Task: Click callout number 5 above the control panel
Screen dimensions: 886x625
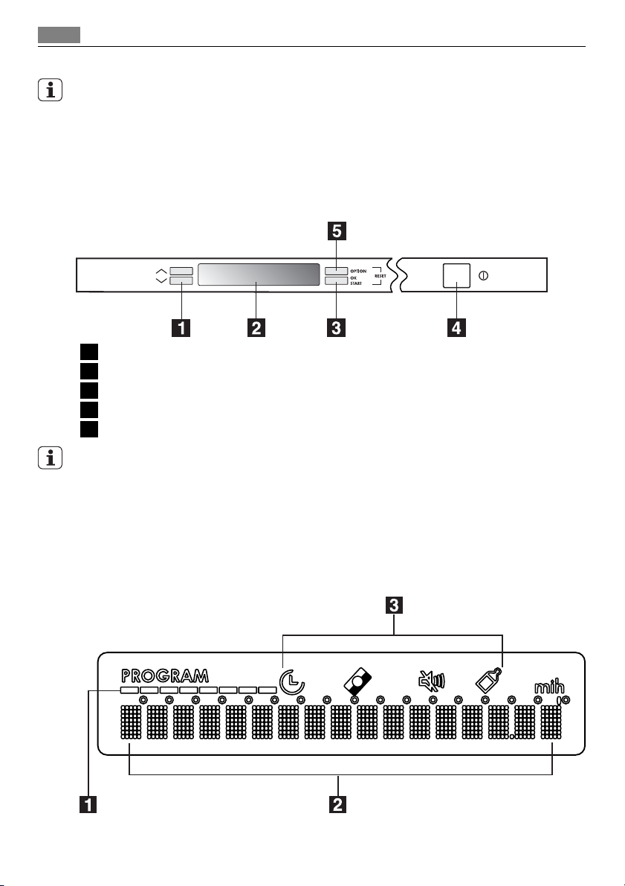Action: (x=337, y=231)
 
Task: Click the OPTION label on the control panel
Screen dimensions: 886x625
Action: (x=359, y=271)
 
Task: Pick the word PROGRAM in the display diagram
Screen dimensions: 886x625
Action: (x=166, y=676)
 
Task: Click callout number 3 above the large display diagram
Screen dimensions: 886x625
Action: (x=395, y=606)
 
